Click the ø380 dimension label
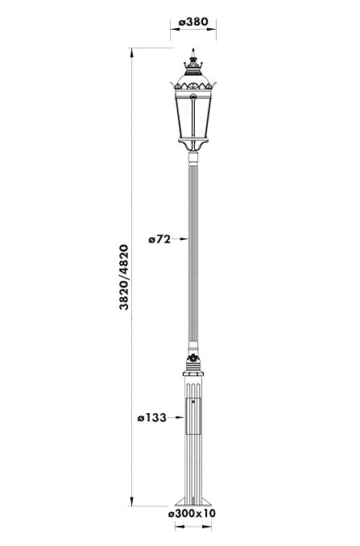coord(193,23)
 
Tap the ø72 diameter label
coord(159,239)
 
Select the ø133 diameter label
coord(151,417)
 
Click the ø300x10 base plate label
coord(192,513)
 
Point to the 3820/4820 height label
coord(124,277)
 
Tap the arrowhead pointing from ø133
coord(180,417)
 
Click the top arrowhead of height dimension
coord(131,52)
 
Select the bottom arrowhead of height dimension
coord(131,502)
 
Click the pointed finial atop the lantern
coord(193,53)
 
